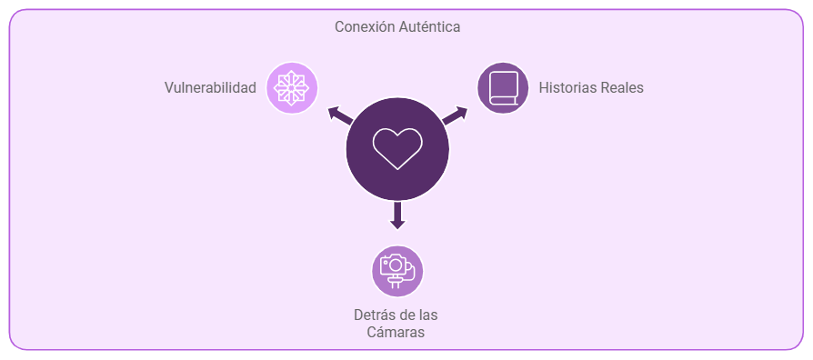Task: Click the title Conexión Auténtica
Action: point(397,27)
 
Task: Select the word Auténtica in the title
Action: point(430,27)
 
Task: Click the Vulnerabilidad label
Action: point(210,87)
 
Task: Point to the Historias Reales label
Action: point(591,87)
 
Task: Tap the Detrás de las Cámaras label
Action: point(396,324)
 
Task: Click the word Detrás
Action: point(371,315)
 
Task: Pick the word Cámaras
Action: point(396,332)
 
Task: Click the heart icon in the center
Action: point(397,149)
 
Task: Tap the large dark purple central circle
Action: point(397,149)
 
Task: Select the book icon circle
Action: point(503,87)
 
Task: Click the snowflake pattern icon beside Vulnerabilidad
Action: point(291,87)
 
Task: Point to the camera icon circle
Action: point(397,271)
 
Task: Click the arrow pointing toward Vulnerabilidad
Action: point(340,116)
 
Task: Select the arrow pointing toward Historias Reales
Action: point(455,116)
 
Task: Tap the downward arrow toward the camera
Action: point(397,215)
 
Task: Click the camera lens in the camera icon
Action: point(396,265)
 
